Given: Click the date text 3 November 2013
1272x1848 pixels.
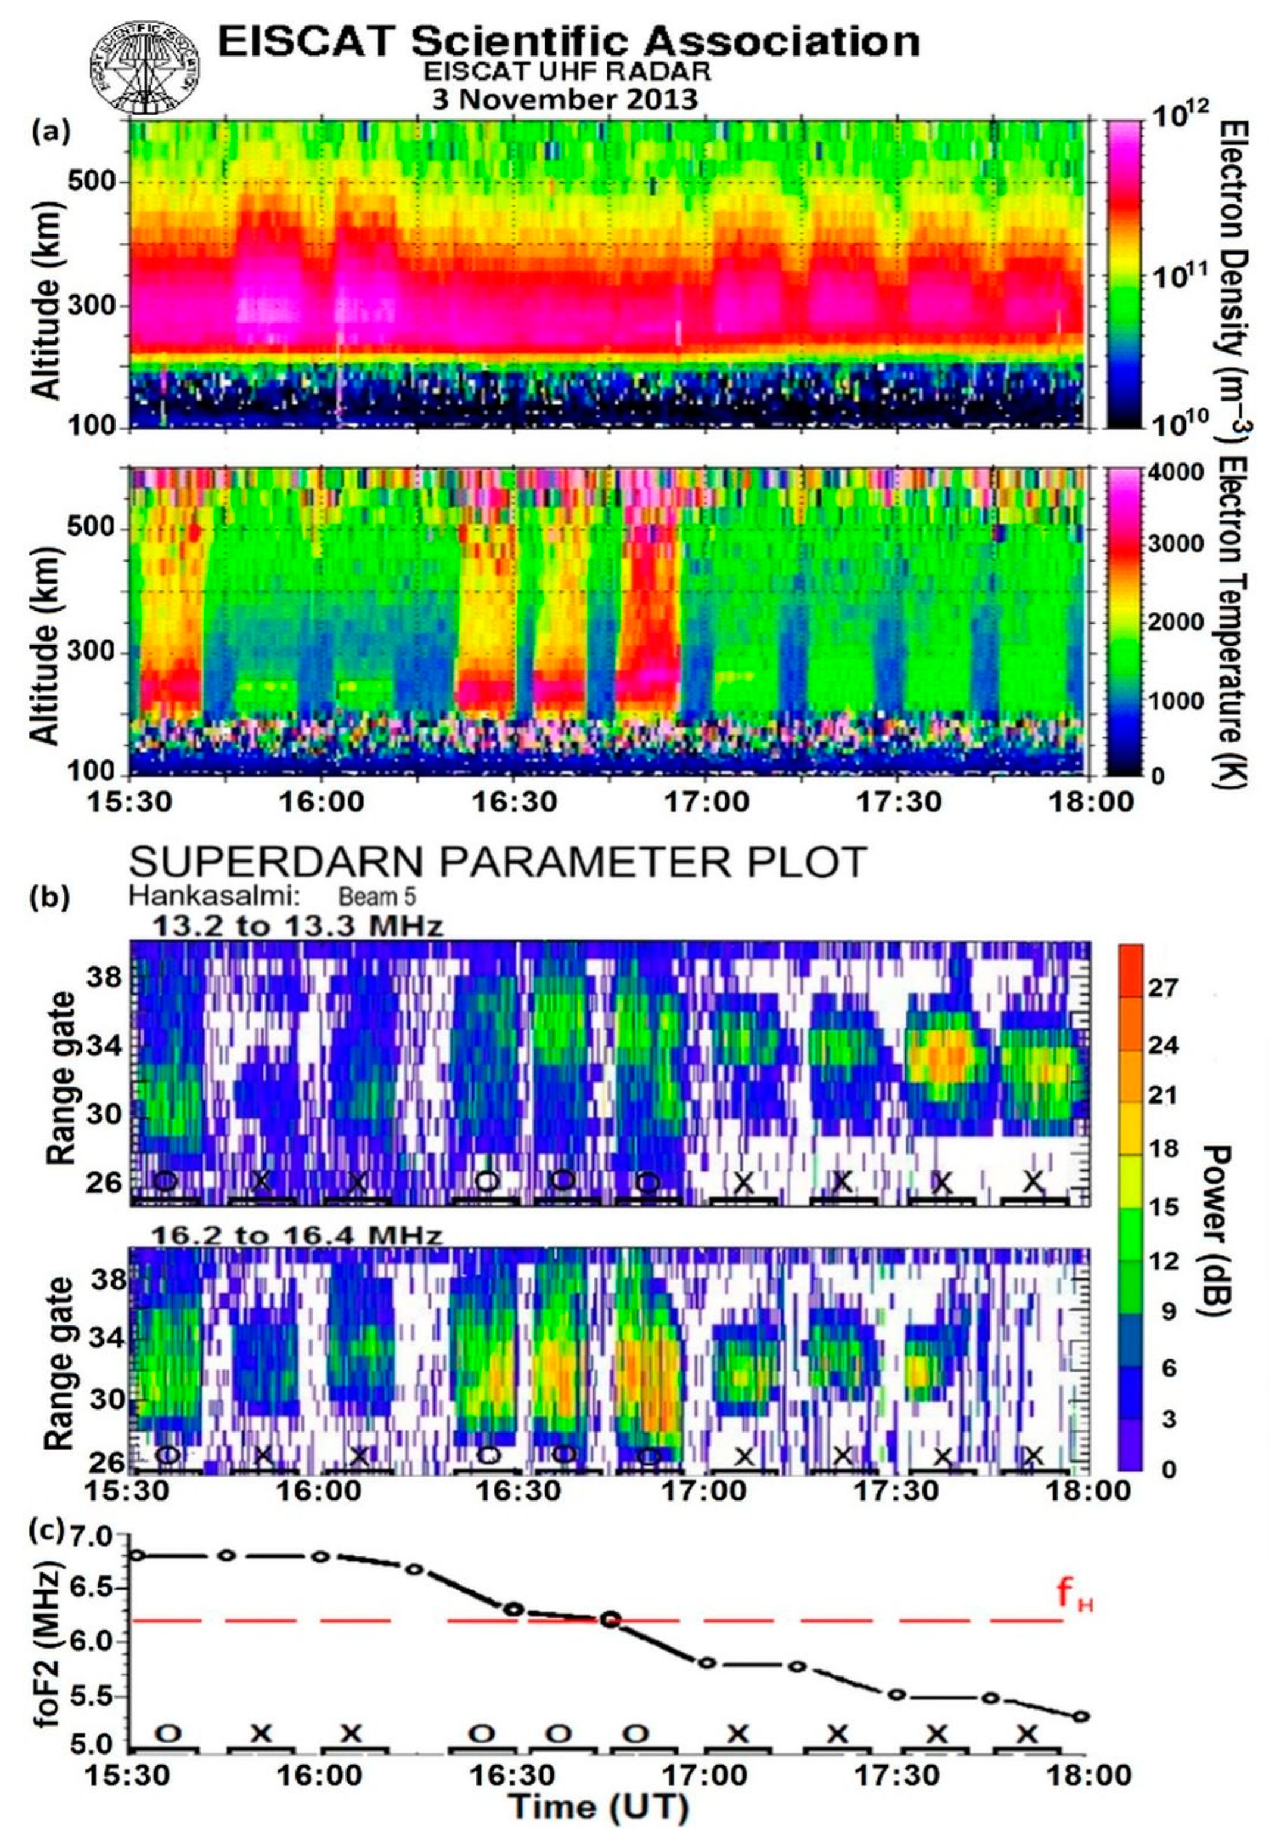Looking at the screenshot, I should click(x=565, y=99).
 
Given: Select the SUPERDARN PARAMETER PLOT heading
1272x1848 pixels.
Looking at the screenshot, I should click(x=497, y=862).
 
